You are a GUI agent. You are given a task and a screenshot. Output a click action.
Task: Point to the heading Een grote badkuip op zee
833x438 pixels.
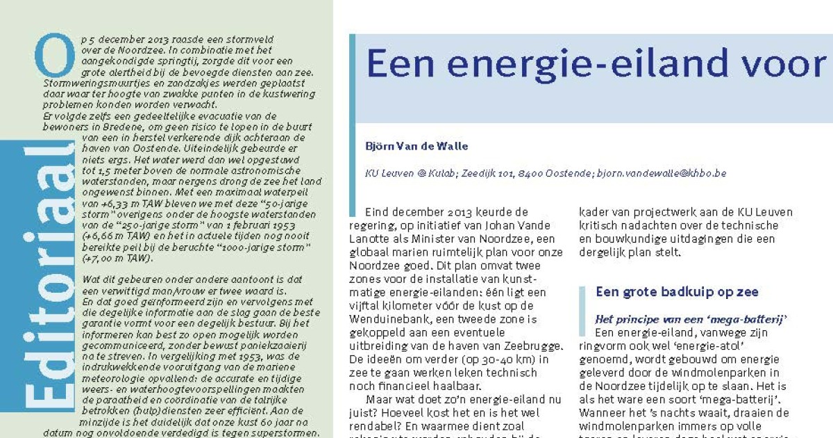677,292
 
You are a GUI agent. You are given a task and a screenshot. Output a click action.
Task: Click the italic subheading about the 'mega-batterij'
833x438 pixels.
691,319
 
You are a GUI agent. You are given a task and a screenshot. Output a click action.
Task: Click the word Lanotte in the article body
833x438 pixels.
376,238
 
